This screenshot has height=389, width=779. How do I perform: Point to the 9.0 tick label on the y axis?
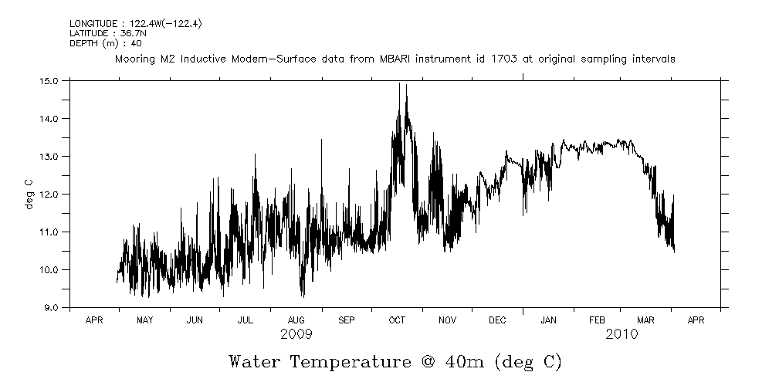click(50, 307)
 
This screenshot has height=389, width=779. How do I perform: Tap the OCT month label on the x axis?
click(397, 320)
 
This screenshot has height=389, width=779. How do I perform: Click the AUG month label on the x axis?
click(296, 320)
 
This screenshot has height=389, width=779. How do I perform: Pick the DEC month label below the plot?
click(497, 320)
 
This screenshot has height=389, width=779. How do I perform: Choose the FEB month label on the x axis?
click(598, 320)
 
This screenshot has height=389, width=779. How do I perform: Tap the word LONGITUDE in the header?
click(94, 24)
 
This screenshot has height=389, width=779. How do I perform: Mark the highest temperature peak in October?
click(399, 83)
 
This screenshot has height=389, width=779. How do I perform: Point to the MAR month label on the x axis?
click(647, 320)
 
